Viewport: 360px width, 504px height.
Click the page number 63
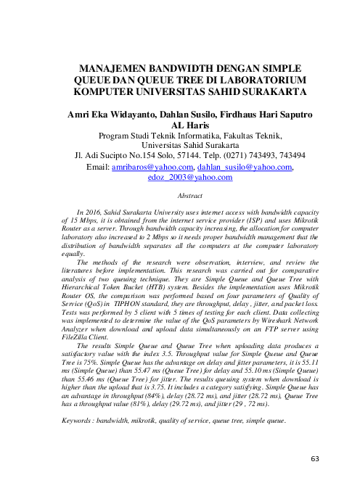click(314, 459)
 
